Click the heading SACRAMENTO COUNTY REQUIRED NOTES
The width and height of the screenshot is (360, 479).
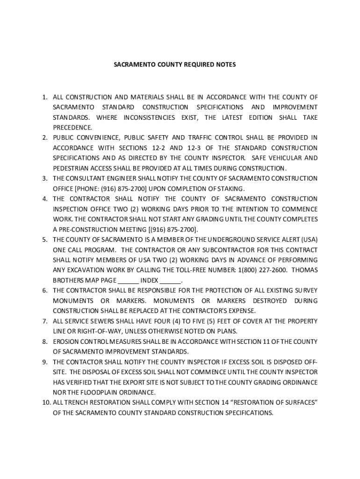175,64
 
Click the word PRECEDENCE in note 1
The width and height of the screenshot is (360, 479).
72,128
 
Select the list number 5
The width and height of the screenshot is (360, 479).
44,239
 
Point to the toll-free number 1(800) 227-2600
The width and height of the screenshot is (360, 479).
262,270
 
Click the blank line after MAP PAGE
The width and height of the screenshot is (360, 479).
128,281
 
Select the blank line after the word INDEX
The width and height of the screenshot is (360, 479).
170,281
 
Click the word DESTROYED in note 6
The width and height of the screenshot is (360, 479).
270,301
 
